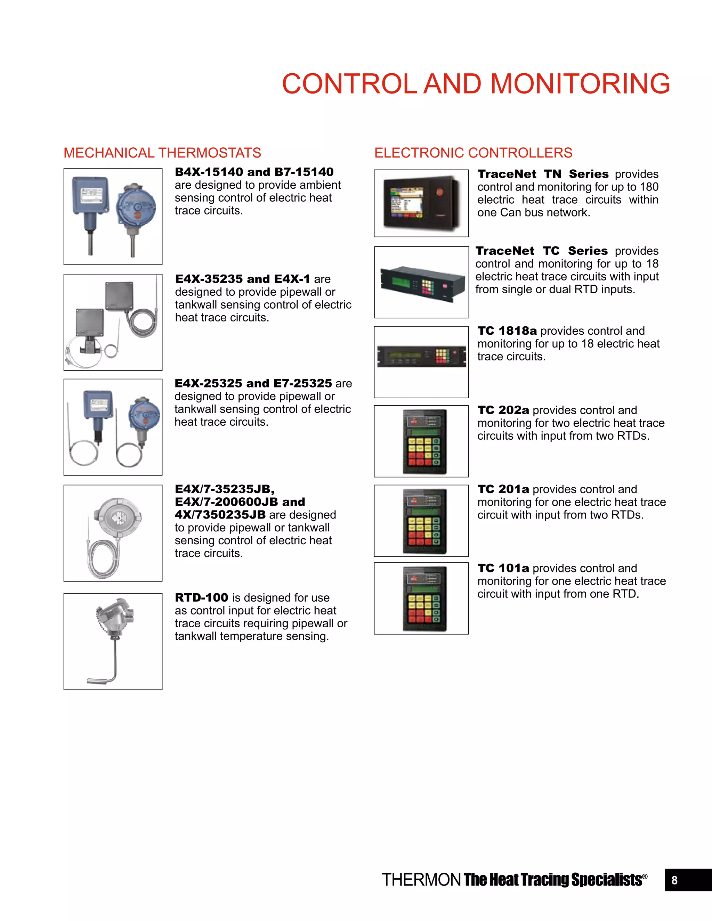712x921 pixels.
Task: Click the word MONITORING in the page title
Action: point(580,83)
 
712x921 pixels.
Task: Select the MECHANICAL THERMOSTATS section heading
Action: point(162,153)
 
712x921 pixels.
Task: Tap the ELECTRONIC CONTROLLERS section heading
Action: point(473,153)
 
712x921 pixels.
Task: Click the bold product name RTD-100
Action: point(201,597)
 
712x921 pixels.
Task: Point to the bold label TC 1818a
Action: point(507,331)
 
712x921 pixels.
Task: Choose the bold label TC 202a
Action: point(503,410)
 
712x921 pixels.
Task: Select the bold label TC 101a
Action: point(503,568)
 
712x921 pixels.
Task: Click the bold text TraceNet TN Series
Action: point(543,174)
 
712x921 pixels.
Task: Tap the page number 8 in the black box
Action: point(674,880)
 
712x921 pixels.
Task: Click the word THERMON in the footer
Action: point(421,880)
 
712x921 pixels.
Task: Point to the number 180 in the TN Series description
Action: point(648,187)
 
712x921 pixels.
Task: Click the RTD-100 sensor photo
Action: point(112,641)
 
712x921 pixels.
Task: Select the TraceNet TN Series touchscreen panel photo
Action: point(421,203)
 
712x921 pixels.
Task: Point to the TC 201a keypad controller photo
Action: point(424,521)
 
